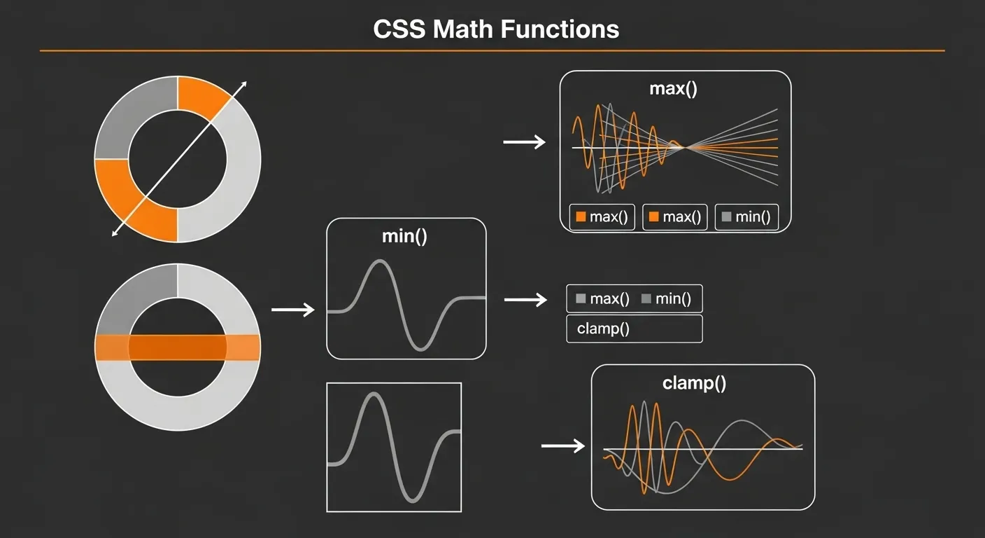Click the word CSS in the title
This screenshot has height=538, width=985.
click(399, 29)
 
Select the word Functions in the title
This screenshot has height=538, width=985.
click(560, 29)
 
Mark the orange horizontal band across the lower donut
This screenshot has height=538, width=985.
click(178, 347)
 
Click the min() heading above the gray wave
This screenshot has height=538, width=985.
click(404, 236)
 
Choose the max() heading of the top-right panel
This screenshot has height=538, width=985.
click(673, 88)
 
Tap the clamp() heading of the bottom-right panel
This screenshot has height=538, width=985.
click(695, 383)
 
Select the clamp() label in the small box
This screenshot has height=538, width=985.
click(603, 329)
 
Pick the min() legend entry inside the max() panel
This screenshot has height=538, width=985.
click(746, 216)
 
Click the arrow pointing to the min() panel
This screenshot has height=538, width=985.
click(293, 310)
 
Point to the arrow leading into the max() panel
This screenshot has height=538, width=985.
click(524, 142)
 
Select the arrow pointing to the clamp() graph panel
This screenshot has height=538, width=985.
click(563, 446)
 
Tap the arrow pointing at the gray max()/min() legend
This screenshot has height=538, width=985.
click(525, 300)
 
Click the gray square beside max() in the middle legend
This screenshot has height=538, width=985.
click(581, 298)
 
